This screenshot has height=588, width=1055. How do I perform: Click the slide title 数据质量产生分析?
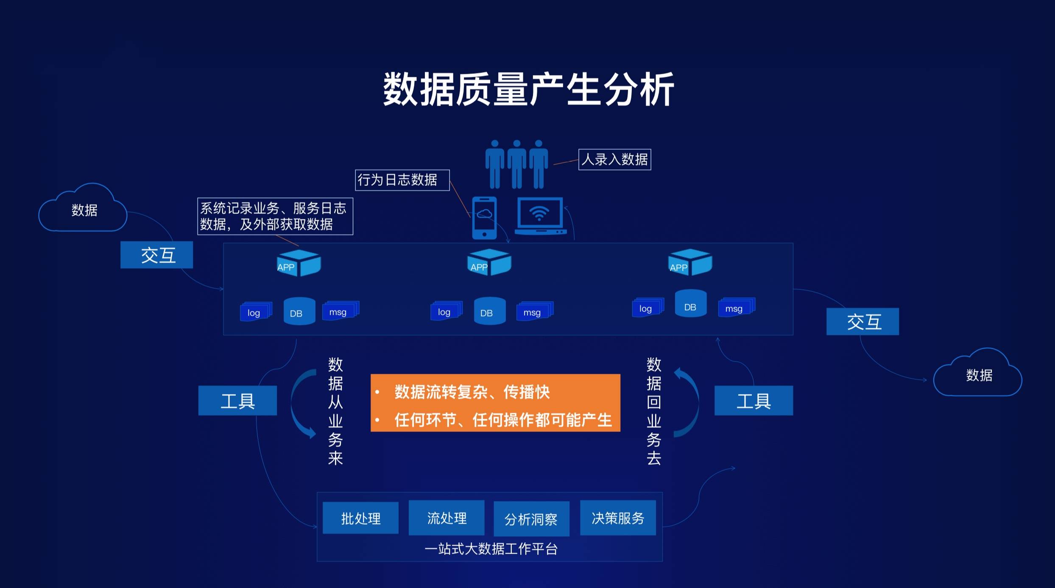tap(528, 89)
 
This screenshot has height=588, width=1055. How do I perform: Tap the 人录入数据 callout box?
tap(614, 160)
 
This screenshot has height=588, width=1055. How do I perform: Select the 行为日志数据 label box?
tap(402, 180)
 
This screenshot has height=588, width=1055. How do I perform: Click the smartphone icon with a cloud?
tap(484, 218)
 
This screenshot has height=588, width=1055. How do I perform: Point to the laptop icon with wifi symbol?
tap(540, 216)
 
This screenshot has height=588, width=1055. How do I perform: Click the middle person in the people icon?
tap(516, 165)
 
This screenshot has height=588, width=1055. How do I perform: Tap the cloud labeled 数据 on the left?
tap(84, 210)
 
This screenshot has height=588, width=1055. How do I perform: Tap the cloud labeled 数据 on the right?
tap(978, 375)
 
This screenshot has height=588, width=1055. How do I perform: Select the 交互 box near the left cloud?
tap(156, 255)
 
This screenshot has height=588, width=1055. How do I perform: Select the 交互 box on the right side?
tap(862, 322)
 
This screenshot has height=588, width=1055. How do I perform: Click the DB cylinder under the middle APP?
tap(489, 311)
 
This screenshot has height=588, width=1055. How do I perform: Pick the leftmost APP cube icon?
tap(299, 263)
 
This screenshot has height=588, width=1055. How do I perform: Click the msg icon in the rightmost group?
tap(736, 308)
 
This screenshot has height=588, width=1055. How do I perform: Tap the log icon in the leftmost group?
tap(255, 312)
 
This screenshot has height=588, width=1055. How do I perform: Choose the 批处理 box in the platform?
tap(360, 518)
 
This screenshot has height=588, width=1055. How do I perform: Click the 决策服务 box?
tap(617, 518)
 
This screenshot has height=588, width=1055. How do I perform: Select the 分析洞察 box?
tap(531, 519)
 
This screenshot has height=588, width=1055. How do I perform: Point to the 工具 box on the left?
tap(237, 400)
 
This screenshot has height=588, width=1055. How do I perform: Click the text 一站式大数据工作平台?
tap(491, 549)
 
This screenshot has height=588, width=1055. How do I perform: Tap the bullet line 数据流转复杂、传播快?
tap(472, 392)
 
